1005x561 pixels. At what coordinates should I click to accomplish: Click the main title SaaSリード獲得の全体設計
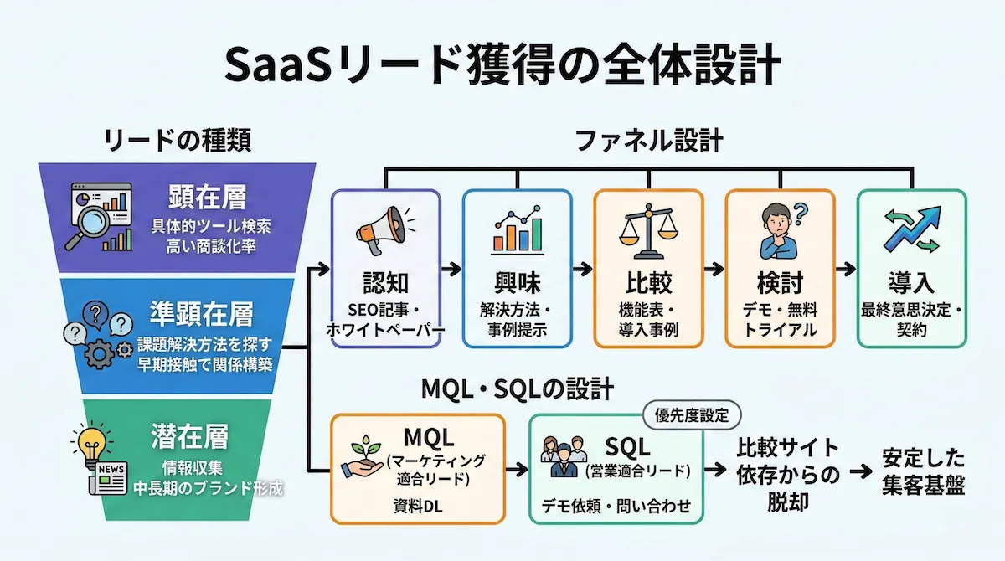[x=502, y=64]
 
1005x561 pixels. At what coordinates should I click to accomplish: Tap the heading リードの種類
[x=177, y=140]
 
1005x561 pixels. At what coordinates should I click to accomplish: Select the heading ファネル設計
[x=649, y=140]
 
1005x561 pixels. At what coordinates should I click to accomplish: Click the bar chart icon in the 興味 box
[x=517, y=231]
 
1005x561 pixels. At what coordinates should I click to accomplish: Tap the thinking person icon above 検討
[x=779, y=231]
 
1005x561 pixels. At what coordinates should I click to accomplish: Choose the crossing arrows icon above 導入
[x=911, y=231]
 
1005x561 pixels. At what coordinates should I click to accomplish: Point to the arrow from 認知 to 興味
[x=451, y=270]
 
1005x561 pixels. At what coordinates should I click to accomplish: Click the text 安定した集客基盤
[x=923, y=472]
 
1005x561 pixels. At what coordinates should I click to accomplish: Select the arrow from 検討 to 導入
[x=845, y=270]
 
